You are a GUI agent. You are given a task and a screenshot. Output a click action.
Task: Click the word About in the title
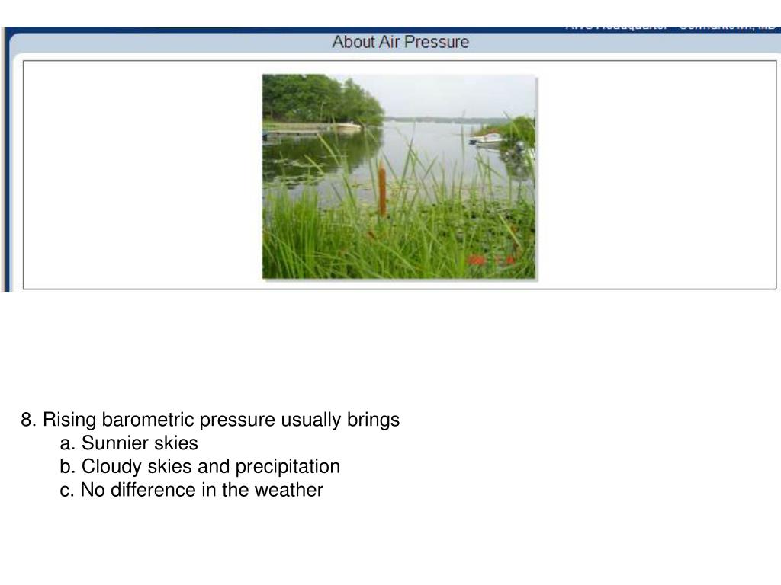(352, 42)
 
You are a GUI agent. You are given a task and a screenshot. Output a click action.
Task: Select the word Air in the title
(389, 42)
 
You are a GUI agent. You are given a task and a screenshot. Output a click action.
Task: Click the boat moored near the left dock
(347, 126)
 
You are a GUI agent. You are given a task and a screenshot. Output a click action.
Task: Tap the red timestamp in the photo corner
(491, 261)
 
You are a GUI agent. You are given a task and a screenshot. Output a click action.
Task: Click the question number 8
(29, 420)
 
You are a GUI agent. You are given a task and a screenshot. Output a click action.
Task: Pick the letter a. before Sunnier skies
(68, 443)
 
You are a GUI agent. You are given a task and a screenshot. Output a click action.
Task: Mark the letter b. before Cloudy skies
(68, 466)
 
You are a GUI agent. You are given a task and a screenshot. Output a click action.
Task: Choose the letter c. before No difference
(68, 490)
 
